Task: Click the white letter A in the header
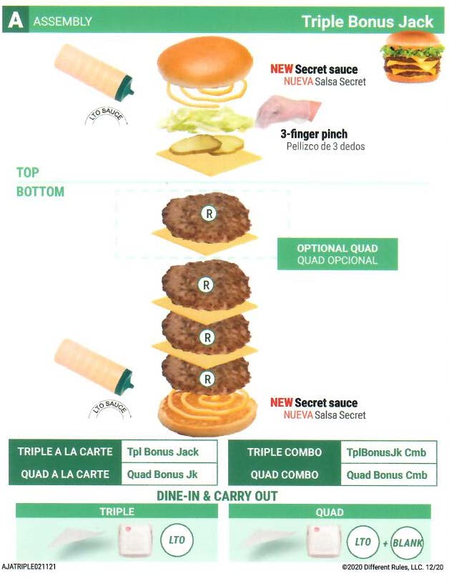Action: [15, 20]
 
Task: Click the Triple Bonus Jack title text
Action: [367, 21]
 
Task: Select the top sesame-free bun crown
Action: [205, 62]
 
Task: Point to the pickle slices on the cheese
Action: [207, 144]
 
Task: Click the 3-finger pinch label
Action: [314, 134]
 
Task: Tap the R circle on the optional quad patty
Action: [209, 214]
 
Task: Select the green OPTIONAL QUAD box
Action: [337, 254]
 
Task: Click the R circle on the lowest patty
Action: [207, 379]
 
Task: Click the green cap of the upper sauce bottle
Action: [125, 88]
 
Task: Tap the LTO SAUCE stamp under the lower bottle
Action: [109, 409]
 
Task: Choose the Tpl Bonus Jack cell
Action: [169, 452]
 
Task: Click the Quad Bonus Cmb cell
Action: [389, 475]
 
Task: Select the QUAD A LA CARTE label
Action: [65, 475]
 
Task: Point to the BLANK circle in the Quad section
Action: [407, 542]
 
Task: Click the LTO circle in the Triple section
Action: [177, 540]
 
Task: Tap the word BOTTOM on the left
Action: [40, 192]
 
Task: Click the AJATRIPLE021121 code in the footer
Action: [29, 567]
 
